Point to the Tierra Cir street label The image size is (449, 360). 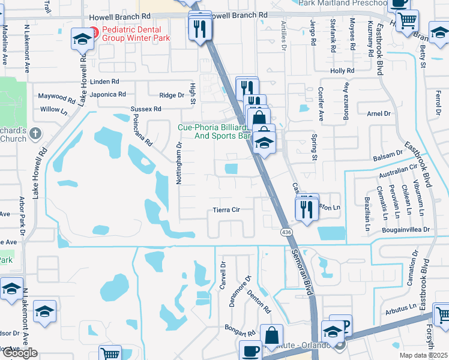pos(227,210)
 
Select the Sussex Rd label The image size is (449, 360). pos(146,109)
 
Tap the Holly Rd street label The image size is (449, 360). pos(342,71)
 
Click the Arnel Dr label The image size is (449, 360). pos(378,113)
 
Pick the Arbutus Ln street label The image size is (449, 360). pos(401,307)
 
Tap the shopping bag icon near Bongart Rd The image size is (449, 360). pos(271,335)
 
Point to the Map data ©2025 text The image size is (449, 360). pos(423,355)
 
